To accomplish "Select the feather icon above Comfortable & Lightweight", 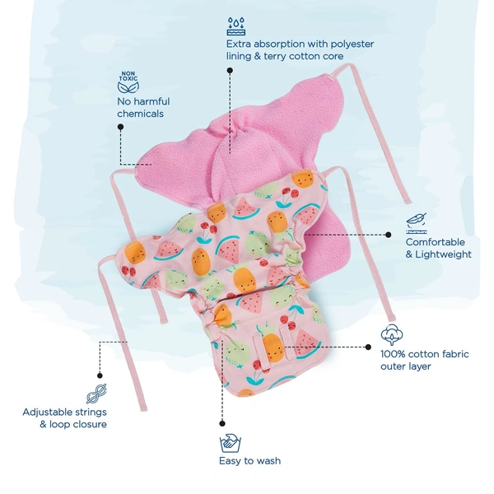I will (417, 223).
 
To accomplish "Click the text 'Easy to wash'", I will (249, 461).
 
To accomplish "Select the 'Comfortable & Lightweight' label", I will (438, 249).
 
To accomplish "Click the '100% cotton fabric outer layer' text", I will (424, 360).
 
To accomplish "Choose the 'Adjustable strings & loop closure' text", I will (64, 418).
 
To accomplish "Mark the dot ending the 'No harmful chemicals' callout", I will (121, 127).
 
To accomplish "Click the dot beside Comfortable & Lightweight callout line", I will (389, 235).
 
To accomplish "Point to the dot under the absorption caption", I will (230, 71).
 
